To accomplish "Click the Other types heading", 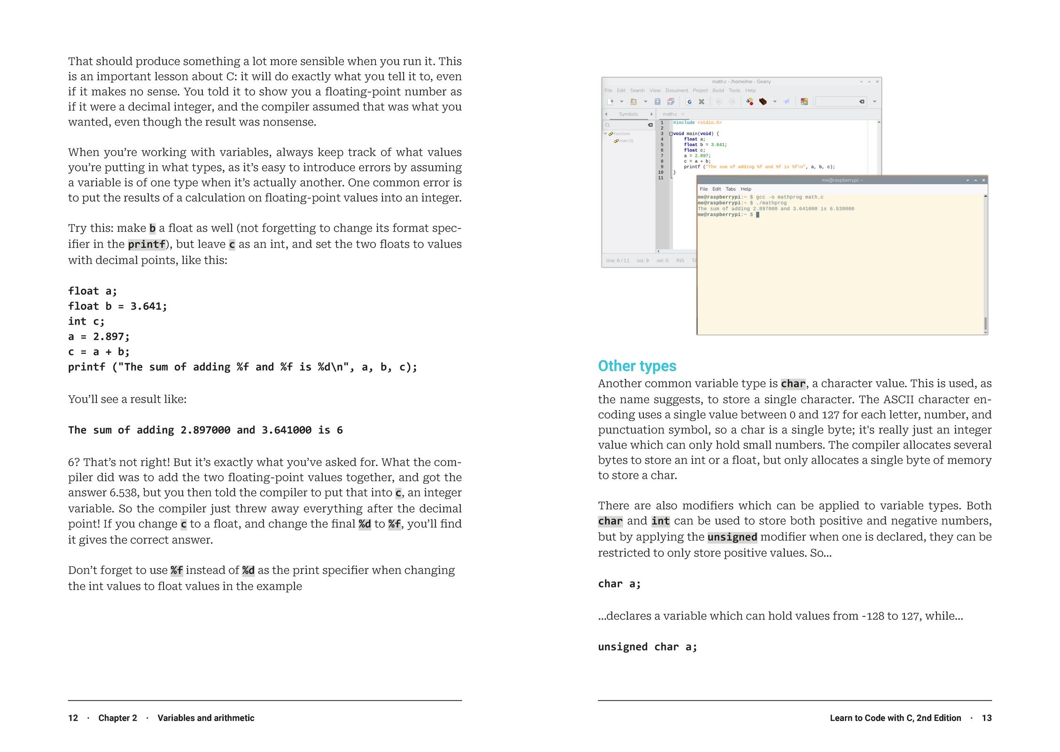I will click(637, 366).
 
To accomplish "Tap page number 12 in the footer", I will click(73, 718).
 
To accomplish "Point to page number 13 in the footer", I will click(987, 718).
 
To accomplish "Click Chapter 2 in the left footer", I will click(117, 718).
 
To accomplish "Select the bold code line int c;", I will click(86, 321).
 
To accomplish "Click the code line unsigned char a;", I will click(647, 647).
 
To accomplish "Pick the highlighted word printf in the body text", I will click(147, 244).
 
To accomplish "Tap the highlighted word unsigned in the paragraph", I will click(732, 537).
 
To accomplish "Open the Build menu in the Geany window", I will click(718, 91).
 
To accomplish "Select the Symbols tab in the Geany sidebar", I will click(628, 114).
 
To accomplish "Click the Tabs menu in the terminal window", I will click(731, 189).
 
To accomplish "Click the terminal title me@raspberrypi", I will click(842, 180).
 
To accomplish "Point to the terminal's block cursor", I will click(757, 215).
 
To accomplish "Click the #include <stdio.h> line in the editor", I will click(697, 123).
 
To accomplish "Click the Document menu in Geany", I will click(676, 91).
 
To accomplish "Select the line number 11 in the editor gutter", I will click(661, 178).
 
